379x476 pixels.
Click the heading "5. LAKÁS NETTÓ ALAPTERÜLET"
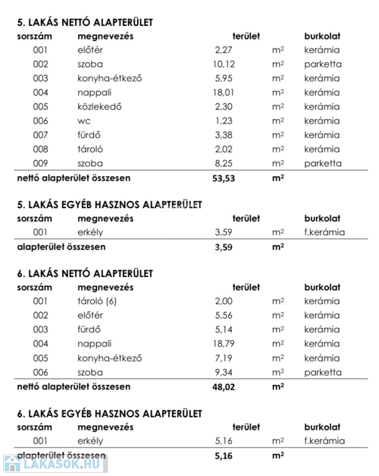click(x=84, y=23)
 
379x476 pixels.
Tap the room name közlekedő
click(x=99, y=107)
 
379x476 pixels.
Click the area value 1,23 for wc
click(x=225, y=121)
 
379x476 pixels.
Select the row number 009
click(x=40, y=164)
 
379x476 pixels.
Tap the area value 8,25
click(x=225, y=164)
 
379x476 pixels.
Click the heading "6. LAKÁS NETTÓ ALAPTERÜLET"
click(x=84, y=273)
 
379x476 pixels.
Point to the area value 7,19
click(x=225, y=358)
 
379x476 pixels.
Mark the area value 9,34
click(x=225, y=372)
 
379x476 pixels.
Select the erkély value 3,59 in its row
click(x=225, y=233)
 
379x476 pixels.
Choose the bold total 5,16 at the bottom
click(x=225, y=456)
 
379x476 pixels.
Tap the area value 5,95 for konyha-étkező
click(x=225, y=79)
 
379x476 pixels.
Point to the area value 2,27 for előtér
click(x=225, y=50)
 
